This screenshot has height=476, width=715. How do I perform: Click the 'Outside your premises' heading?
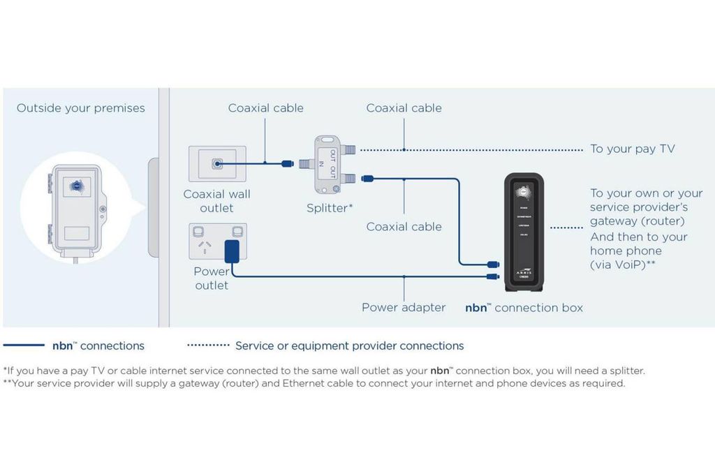tap(81, 108)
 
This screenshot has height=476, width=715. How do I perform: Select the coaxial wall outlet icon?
tap(217, 164)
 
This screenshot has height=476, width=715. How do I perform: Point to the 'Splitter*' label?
tap(330, 208)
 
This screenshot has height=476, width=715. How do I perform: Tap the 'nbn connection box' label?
tap(524, 308)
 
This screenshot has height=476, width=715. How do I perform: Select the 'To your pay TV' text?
tap(633, 149)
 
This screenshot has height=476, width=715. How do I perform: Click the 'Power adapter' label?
tap(404, 308)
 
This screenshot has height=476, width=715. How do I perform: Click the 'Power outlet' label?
tap(211, 278)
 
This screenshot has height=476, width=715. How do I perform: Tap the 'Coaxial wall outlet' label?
tap(216, 201)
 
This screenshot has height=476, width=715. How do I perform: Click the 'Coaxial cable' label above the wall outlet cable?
tap(266, 108)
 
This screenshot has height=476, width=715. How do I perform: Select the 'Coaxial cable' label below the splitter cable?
tap(404, 227)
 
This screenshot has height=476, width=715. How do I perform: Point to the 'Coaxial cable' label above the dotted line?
tap(404, 108)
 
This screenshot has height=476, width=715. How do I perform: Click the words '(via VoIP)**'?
tap(622, 265)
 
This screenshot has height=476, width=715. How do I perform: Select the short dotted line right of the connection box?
tap(566, 228)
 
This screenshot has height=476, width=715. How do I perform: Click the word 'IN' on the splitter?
tap(321, 165)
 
